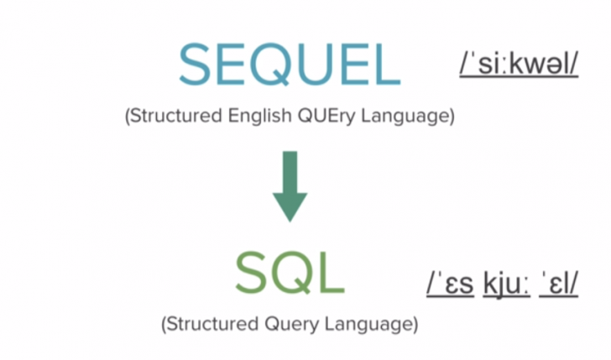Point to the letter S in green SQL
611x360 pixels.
(x=250, y=274)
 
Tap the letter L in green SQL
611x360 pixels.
(x=330, y=274)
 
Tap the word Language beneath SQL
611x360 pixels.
(x=373, y=322)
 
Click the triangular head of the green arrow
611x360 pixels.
(x=290, y=206)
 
